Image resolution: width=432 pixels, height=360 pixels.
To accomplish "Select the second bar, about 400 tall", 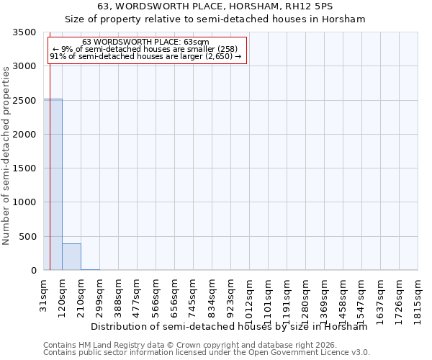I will (x=71, y=257).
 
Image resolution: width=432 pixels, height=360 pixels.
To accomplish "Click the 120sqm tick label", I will (x=63, y=296).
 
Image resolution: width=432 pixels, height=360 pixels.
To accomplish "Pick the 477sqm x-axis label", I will (x=138, y=296).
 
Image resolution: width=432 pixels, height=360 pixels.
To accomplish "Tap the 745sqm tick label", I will (x=194, y=296).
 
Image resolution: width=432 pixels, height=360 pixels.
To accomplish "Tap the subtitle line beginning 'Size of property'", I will (x=216, y=19).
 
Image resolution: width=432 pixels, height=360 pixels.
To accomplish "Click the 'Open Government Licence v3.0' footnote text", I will (x=310, y=353).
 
